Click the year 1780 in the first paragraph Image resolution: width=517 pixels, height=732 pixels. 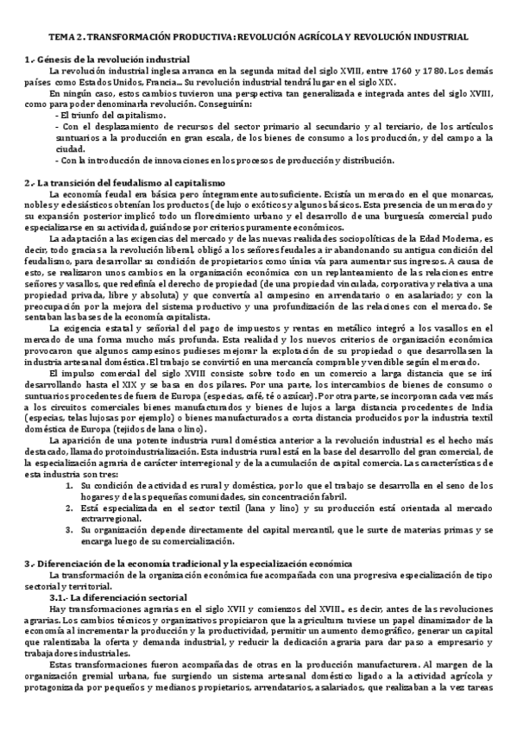tap(422, 71)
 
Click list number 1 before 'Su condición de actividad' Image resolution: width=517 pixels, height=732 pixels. tap(69, 486)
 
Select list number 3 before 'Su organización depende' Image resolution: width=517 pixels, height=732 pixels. tap(69, 531)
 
